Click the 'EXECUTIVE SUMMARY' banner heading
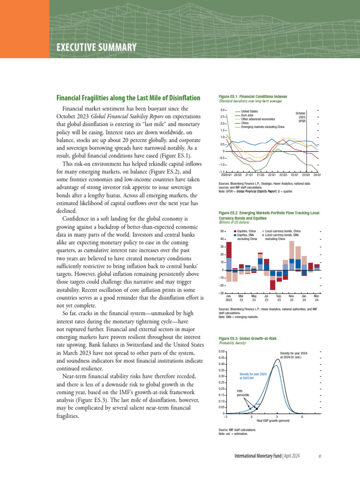pos(97,47)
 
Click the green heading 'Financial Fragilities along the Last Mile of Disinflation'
pos(128,98)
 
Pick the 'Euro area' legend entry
pos(249,115)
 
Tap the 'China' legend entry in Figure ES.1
pos(246,123)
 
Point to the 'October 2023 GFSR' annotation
pos(301,117)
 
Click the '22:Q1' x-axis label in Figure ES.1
pos(271,175)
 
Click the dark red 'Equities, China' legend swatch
pos(235,232)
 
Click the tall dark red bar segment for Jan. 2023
pos(229,250)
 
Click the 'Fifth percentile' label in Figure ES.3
pos(243,393)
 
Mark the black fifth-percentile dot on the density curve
pos(256,409)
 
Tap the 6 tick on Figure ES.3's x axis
pos(302,417)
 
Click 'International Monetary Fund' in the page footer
pos(258,456)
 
